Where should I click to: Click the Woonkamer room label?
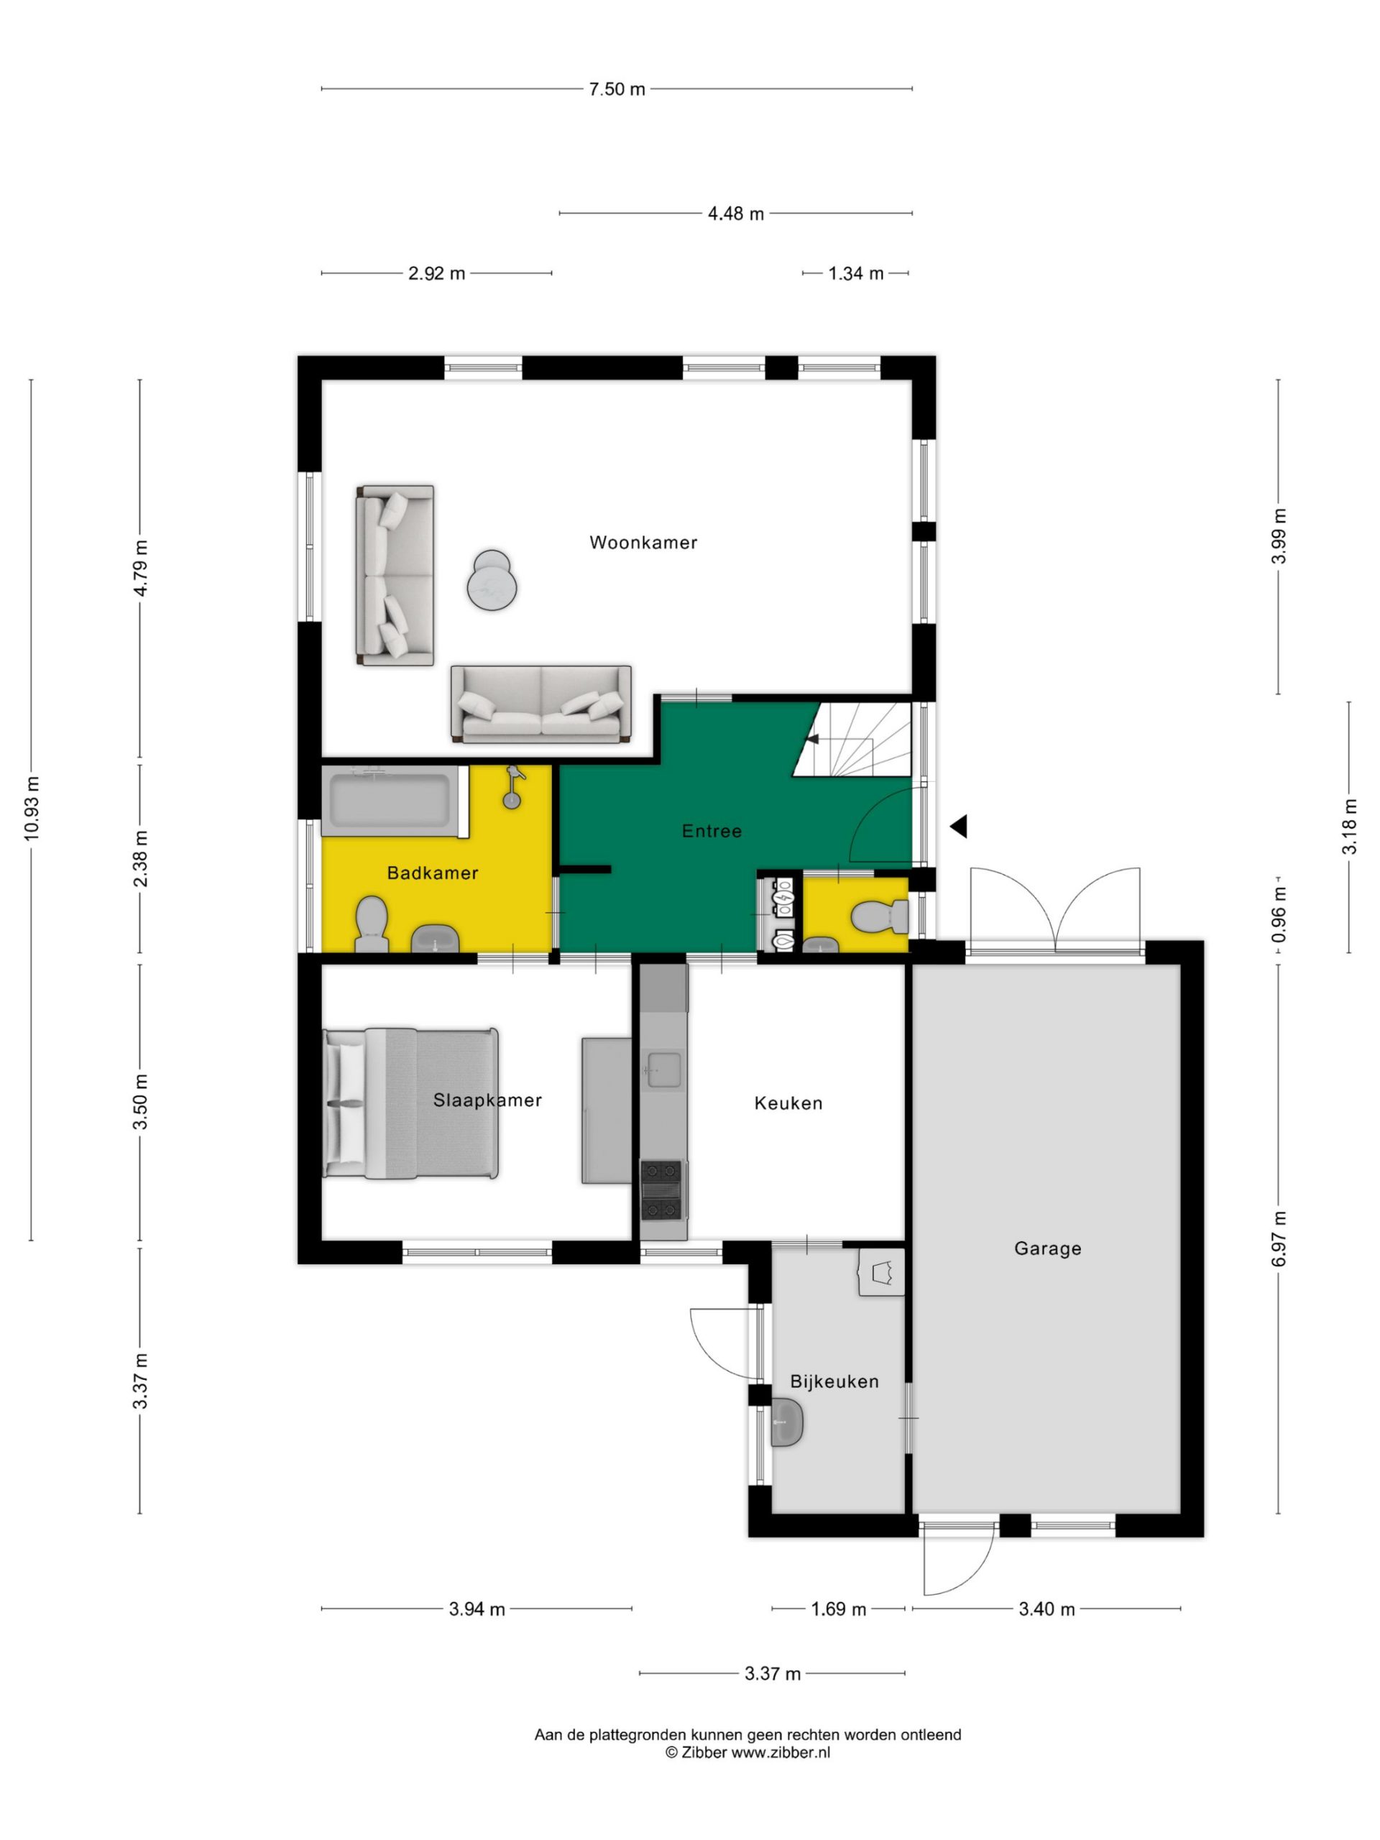point(643,543)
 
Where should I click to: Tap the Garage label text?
point(1047,1248)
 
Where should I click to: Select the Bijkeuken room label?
point(834,1381)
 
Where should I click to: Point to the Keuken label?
point(788,1103)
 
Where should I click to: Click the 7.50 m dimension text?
point(617,89)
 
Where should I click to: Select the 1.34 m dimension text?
point(856,273)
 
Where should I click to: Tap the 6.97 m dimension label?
point(1279,1238)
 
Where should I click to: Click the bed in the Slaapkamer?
point(411,1103)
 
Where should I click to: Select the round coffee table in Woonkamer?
point(492,580)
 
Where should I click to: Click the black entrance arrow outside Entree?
point(959,826)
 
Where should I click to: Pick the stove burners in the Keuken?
point(662,1190)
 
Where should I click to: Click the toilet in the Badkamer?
point(371,924)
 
